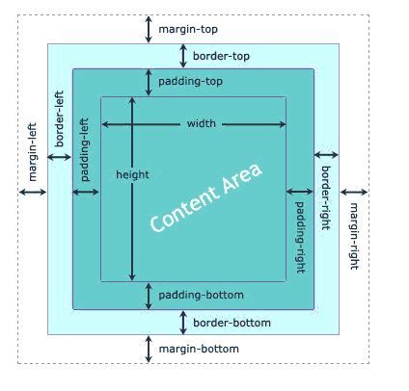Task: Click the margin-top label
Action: click(x=188, y=29)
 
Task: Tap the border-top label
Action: click(x=221, y=56)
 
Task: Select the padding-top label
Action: click(x=191, y=82)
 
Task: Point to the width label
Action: click(x=202, y=123)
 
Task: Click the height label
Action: click(x=132, y=174)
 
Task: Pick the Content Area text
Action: click(x=206, y=197)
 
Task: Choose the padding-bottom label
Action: click(x=201, y=295)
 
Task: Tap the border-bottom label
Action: click(x=232, y=323)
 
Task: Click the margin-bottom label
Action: click(x=199, y=349)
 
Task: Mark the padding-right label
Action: click(x=300, y=237)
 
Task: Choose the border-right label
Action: click(x=326, y=198)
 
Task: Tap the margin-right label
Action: click(x=354, y=236)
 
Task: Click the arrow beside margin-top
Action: click(x=149, y=29)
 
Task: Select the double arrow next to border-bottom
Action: click(x=181, y=323)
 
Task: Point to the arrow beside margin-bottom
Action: click(x=149, y=349)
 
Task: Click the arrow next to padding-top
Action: click(x=149, y=82)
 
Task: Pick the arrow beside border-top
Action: click(x=181, y=56)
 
